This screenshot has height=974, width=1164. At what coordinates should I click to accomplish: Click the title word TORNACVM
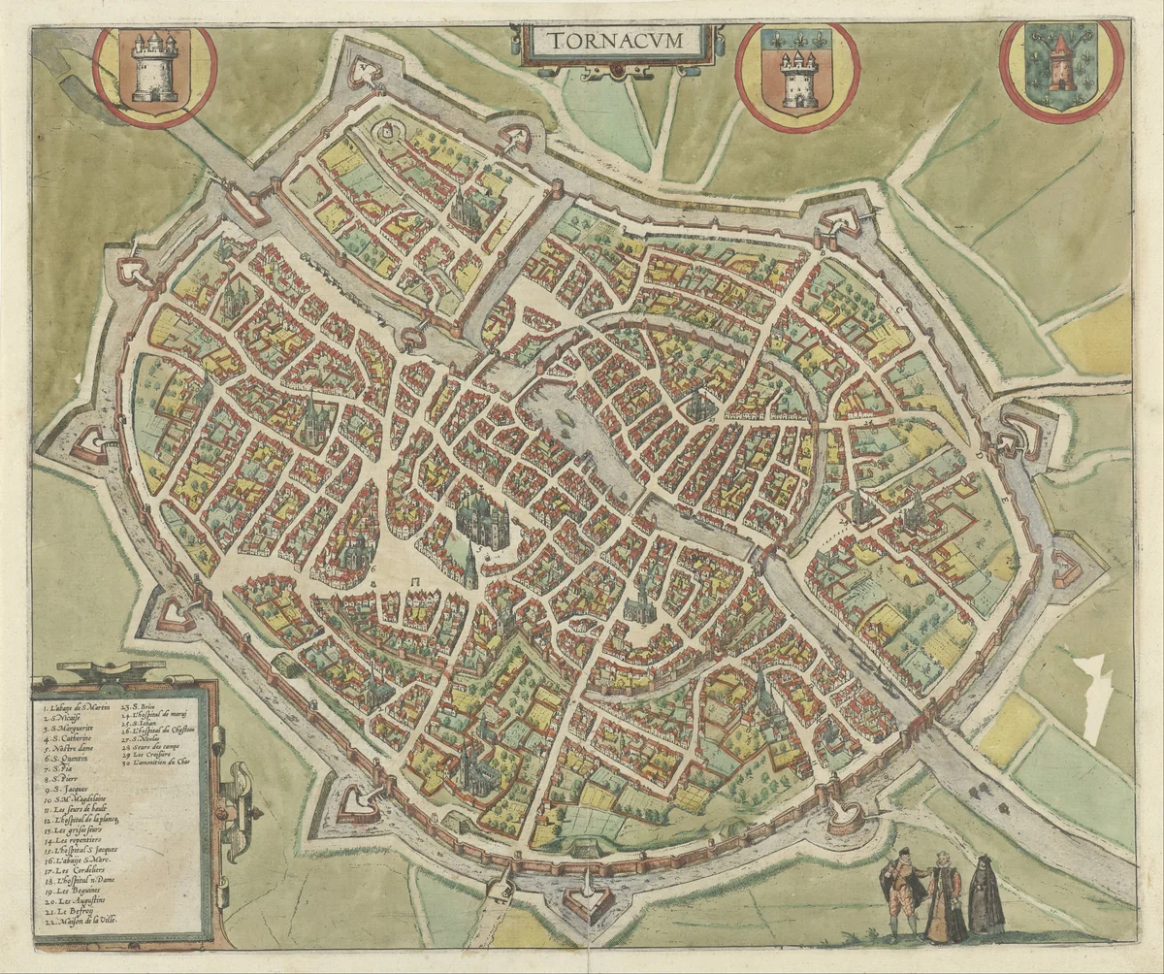pyautogui.click(x=617, y=42)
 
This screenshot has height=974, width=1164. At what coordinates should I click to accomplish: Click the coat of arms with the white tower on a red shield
pyautogui.click(x=155, y=70)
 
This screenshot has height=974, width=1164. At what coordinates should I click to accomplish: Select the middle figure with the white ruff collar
pyautogui.click(x=944, y=896)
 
